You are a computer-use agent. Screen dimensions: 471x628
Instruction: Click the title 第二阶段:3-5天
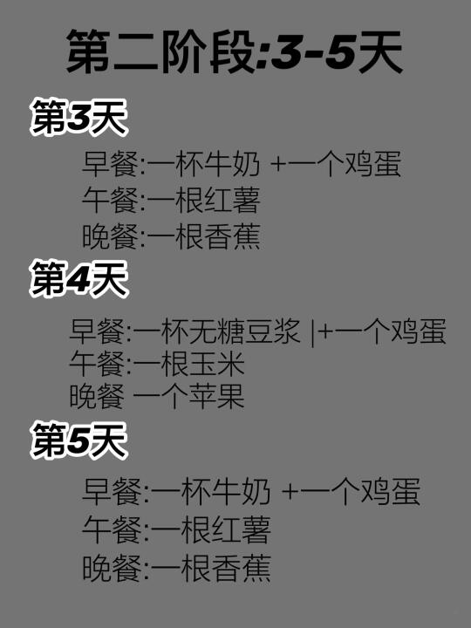tap(235, 52)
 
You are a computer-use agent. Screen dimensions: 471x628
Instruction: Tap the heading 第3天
tap(78, 118)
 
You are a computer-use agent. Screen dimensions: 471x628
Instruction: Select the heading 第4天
tap(78, 279)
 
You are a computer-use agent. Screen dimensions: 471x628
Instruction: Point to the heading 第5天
tap(78, 440)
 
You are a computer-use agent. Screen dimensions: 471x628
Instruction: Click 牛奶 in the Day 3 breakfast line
tap(232, 164)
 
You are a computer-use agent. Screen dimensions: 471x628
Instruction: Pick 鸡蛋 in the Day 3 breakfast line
tap(373, 164)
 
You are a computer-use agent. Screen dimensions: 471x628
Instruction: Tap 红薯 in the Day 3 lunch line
tap(232, 201)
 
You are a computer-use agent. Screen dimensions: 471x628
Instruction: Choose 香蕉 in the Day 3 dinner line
tap(232, 236)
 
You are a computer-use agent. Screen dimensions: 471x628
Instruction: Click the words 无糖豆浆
tap(244, 331)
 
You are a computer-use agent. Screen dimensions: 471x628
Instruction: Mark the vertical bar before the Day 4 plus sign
tap(313, 332)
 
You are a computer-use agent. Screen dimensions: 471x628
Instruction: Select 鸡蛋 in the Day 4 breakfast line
tap(418, 331)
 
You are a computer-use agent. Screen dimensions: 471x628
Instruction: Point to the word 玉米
tap(216, 364)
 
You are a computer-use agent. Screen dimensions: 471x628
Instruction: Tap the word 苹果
tap(216, 396)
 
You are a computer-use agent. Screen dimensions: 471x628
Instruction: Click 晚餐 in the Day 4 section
tap(97, 396)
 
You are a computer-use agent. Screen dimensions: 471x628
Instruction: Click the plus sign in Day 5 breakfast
tap(290, 492)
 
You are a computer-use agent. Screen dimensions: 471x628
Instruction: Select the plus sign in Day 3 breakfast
tap(279, 165)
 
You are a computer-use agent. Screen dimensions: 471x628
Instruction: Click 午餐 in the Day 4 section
tap(97, 364)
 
